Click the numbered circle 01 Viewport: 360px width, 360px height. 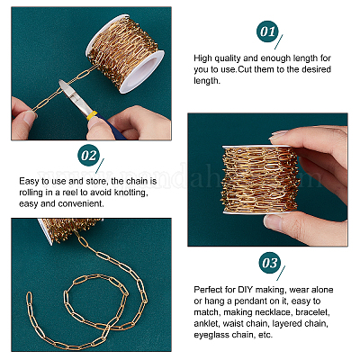coord(267,31)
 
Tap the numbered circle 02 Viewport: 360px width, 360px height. coord(89,156)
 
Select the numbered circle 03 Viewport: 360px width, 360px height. coord(270,263)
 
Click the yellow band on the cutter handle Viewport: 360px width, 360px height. coord(93,116)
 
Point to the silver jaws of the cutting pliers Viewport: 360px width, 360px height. coord(72,94)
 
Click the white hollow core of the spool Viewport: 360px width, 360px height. coord(142,72)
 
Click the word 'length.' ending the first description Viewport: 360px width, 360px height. coord(207,80)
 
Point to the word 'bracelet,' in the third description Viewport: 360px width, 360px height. coord(312,312)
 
